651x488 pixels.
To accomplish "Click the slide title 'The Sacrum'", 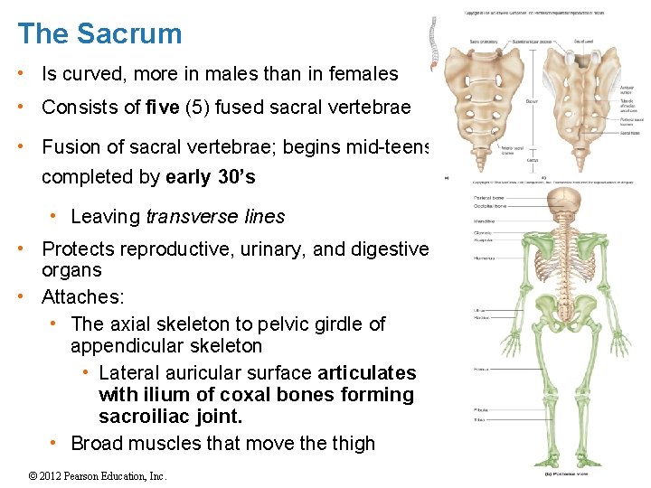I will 99,34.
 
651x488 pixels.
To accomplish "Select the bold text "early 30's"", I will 212,176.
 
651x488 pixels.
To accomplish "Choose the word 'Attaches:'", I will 83,297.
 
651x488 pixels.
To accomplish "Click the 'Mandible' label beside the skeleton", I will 486,221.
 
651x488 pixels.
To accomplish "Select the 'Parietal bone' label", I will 489,198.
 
